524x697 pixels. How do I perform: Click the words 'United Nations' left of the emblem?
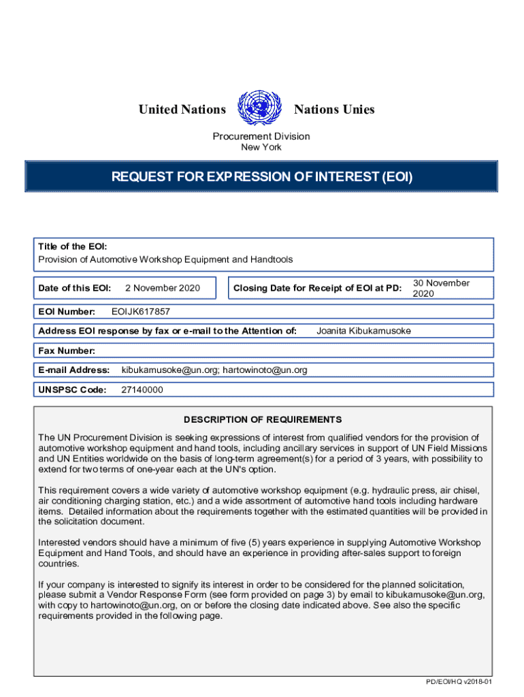182,110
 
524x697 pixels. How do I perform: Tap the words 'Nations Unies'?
334,110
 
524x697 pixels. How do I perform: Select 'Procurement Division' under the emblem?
261,136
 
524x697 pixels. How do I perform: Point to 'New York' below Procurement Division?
261,147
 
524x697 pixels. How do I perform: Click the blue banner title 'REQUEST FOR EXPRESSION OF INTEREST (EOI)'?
262,178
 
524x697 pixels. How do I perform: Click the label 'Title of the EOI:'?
72,246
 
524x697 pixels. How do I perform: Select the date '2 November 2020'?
163,288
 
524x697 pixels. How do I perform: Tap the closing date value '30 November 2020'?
441,288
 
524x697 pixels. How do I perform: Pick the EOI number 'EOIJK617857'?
140,312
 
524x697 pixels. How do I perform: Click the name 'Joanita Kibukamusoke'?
364,331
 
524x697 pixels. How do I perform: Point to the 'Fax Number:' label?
67,351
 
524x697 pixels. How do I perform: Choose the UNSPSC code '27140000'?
142,389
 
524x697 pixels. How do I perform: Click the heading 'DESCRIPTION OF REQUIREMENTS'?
262,419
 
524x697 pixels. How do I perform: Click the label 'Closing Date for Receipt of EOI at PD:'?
317,288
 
